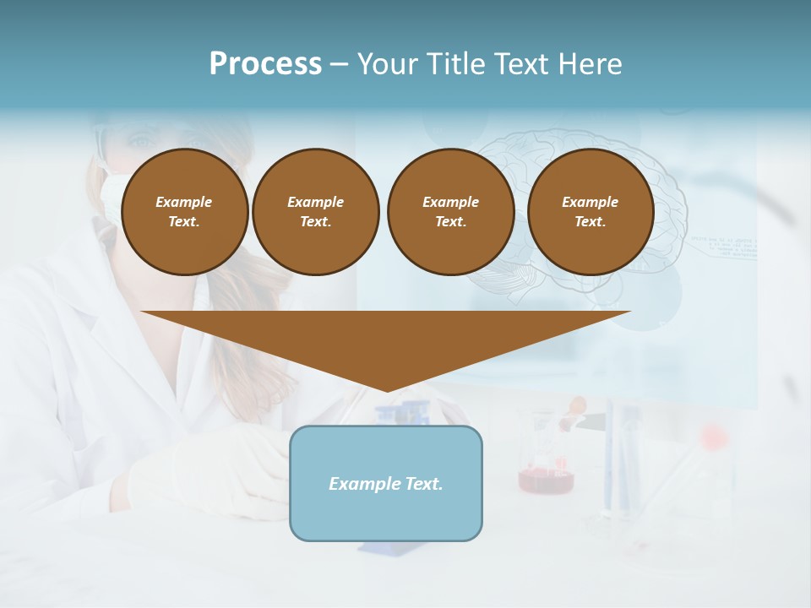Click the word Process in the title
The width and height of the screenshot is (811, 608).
[265, 64]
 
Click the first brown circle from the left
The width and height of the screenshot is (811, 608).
[185, 212]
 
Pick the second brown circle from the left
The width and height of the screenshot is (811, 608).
[316, 212]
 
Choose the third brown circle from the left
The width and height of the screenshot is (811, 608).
[450, 212]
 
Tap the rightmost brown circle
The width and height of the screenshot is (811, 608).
[591, 212]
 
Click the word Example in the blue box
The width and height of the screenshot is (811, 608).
[362, 484]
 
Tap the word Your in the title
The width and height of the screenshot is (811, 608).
[385, 64]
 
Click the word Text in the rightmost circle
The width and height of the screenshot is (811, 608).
[590, 222]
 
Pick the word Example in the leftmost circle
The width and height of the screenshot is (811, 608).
[184, 202]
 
